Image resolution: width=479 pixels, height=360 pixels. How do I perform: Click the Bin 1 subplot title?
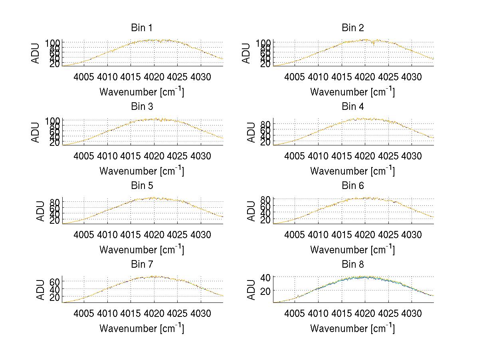[x=142, y=28]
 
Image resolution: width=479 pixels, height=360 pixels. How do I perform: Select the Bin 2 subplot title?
[x=352, y=28]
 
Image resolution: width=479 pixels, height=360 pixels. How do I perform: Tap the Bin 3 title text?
[x=142, y=107]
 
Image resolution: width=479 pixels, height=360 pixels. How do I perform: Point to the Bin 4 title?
[x=352, y=107]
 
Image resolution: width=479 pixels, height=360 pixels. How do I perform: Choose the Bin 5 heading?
[x=142, y=186]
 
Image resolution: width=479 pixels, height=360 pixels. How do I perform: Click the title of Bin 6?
[x=352, y=186]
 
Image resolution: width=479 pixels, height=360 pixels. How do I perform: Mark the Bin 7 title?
[x=142, y=265]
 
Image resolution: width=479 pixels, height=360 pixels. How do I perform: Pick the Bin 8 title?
[x=352, y=265]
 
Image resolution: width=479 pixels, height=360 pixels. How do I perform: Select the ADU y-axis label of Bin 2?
[x=246, y=53]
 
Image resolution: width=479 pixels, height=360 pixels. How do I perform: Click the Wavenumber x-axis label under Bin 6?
[x=352, y=250]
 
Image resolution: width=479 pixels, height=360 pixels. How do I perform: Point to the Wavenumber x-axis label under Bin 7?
[x=142, y=328]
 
